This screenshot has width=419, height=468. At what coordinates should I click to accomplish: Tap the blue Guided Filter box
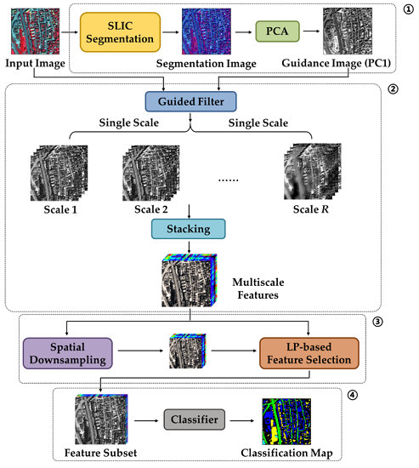coord(191,101)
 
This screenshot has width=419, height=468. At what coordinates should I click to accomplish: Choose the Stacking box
coord(189,230)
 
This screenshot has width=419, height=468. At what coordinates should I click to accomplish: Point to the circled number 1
coord(406,11)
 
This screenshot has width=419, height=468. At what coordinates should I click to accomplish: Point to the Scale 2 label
coord(148,208)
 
